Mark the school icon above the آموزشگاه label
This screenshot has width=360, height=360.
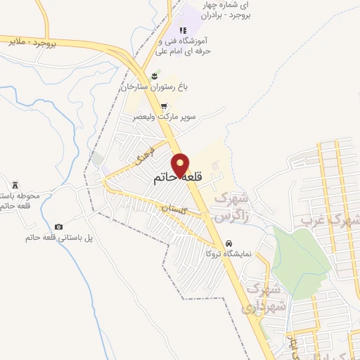point(182,30)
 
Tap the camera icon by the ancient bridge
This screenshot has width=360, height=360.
point(58,226)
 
